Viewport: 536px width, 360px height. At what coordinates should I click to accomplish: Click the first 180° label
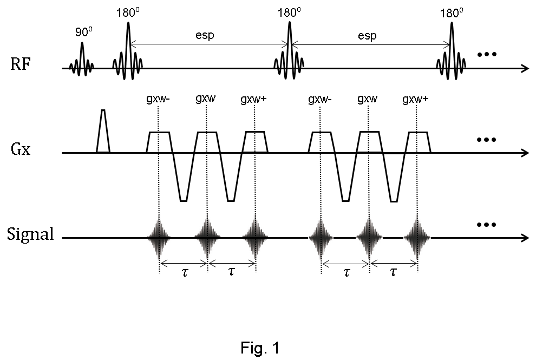[128, 12]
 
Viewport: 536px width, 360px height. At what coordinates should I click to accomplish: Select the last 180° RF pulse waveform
[452, 54]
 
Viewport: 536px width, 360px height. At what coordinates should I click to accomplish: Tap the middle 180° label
[289, 12]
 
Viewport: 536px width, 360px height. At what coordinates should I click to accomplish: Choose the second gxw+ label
[415, 99]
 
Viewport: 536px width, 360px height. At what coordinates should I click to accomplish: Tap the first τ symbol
[185, 272]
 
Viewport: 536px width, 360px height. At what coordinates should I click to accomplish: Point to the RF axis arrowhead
[525, 68]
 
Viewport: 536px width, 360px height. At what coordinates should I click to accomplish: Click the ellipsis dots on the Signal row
[486, 225]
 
